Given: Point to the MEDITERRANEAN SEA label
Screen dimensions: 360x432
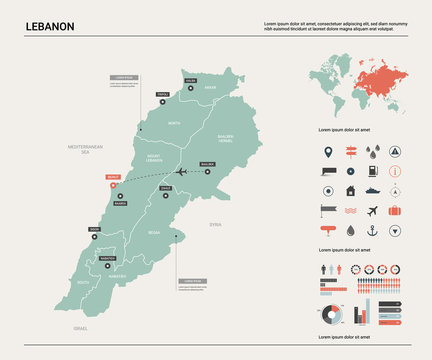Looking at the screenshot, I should point(87,149).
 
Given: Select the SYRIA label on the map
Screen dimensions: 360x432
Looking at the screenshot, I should point(215,225).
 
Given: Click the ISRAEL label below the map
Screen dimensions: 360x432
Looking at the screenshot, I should point(80,328).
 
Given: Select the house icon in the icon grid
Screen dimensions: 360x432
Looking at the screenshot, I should point(350,191).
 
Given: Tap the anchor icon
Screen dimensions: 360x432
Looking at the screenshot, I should point(372,230).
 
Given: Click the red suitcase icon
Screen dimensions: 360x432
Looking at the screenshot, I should point(395,211).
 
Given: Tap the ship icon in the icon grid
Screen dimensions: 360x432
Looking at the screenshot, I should point(372,191).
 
